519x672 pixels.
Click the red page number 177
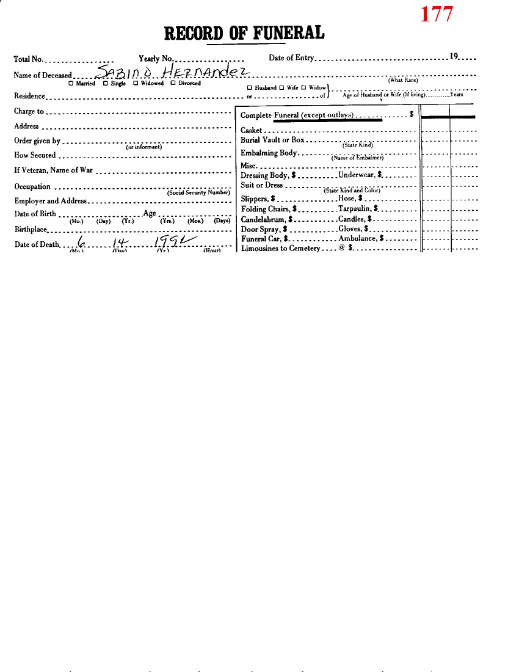[436, 15]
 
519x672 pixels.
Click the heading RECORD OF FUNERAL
[245, 32]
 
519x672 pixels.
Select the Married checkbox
[71, 84]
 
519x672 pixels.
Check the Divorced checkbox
[173, 84]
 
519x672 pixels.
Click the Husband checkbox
[249, 88]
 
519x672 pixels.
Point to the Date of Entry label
[291, 59]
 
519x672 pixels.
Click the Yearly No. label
[156, 59]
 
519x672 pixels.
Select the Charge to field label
[28, 112]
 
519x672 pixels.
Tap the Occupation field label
[32, 186]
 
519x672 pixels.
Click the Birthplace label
[31, 230]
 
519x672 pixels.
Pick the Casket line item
[252, 130]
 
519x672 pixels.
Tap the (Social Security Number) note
[198, 192]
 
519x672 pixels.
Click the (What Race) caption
[402, 80]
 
